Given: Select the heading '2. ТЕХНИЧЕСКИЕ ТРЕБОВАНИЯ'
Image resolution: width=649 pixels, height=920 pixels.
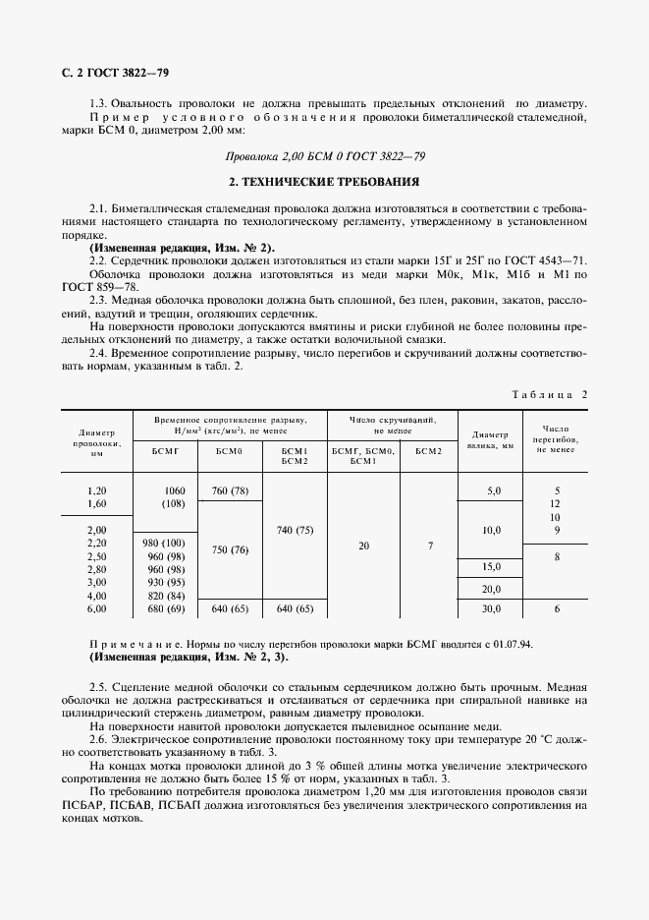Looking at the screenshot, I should (324, 182).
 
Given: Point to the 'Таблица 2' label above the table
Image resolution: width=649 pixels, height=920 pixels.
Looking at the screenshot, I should (549, 393).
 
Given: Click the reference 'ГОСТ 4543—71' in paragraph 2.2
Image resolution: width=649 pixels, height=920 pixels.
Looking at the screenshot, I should (544, 259).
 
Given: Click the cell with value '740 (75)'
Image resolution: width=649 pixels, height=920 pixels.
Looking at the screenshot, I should (295, 530).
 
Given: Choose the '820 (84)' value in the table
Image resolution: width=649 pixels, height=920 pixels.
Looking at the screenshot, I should (165, 596).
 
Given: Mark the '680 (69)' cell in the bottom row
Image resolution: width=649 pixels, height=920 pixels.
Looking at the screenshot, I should (165, 609).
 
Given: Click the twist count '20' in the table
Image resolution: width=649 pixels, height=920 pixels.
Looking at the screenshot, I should (363, 544).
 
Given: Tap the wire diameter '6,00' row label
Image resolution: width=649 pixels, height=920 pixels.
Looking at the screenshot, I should (96, 609).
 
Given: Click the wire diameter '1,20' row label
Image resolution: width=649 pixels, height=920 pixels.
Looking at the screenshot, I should (96, 490).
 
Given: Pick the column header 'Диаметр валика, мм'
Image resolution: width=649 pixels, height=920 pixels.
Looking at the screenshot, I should (492, 439).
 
